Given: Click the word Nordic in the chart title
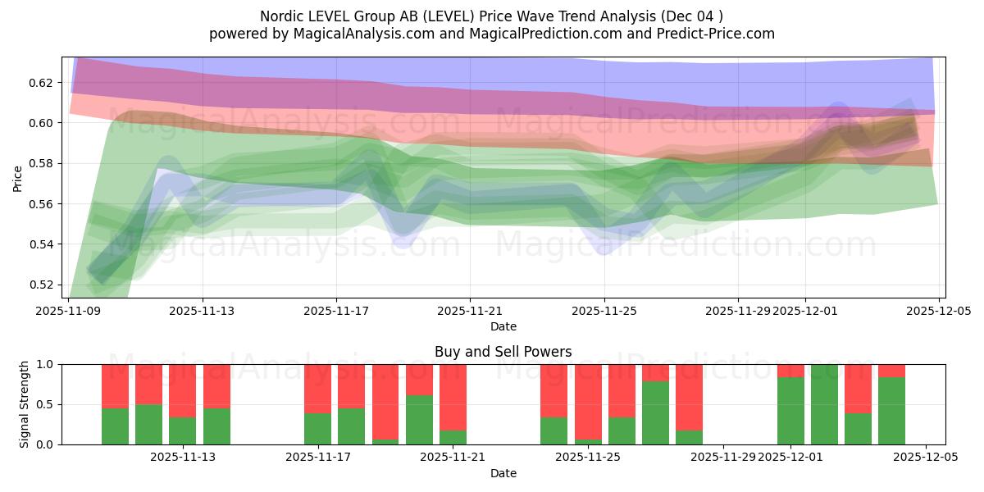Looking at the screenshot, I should click(x=279, y=16).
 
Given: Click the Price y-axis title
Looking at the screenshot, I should click(x=18, y=178).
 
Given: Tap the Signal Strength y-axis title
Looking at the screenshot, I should click(x=25, y=404).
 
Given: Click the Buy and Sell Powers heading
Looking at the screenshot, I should click(x=503, y=352).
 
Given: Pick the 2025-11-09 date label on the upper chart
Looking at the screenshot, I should click(x=68, y=311).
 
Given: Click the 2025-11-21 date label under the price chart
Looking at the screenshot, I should click(x=470, y=311).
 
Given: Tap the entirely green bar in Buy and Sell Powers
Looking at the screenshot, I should click(x=824, y=405).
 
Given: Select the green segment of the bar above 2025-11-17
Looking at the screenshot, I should click(x=317, y=429).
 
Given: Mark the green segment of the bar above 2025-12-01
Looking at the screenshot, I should click(x=790, y=411).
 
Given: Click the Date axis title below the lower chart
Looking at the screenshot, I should click(x=503, y=473).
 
